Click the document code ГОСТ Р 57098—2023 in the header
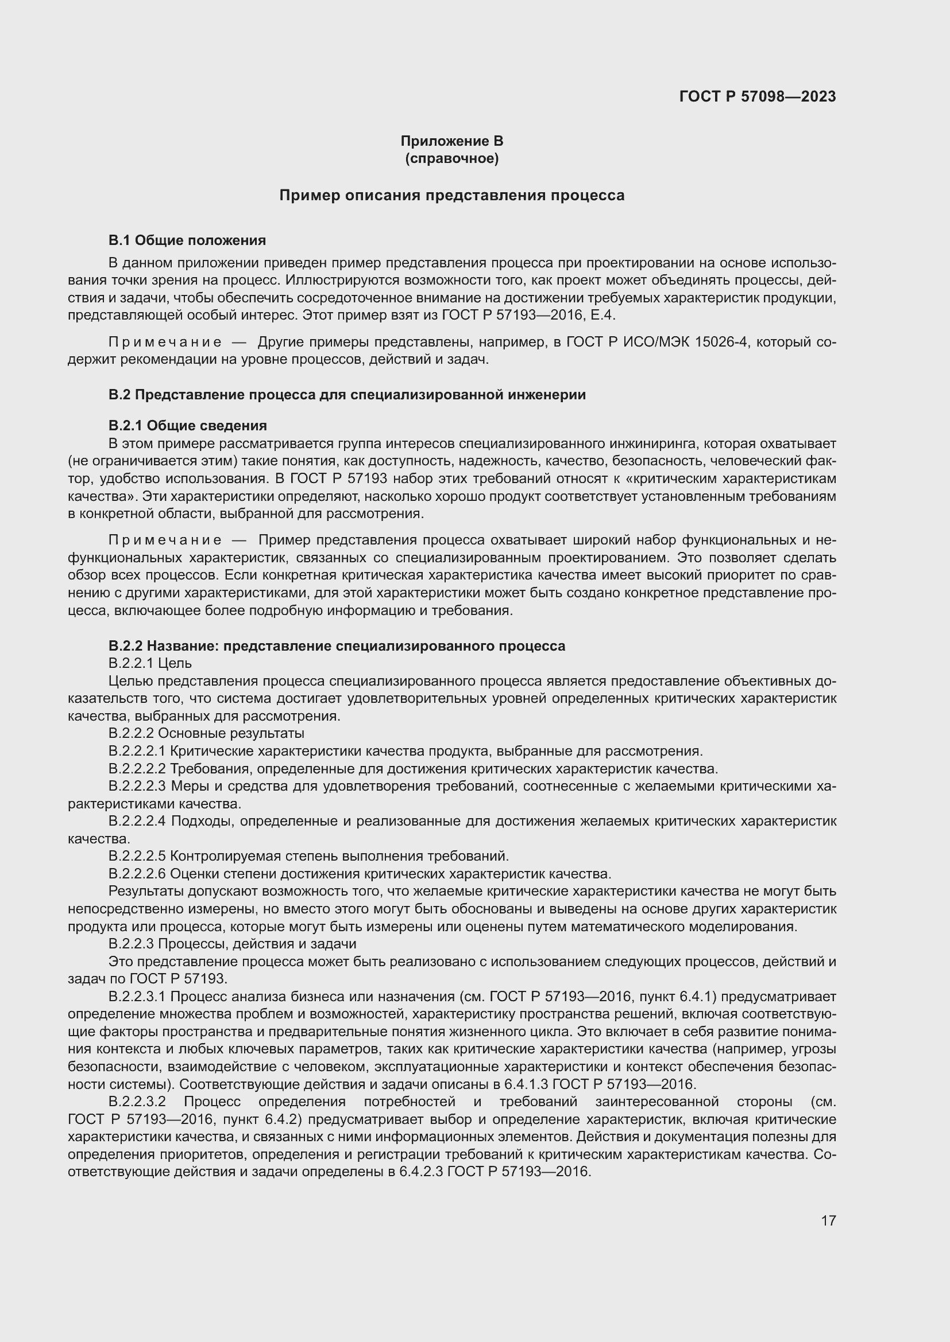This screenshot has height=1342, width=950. click(758, 96)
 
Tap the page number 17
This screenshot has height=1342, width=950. click(828, 1220)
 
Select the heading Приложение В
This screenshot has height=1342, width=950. click(451, 141)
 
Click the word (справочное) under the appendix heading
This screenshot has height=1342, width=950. click(451, 158)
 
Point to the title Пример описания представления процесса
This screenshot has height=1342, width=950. click(451, 195)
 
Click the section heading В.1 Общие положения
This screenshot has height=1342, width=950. click(187, 240)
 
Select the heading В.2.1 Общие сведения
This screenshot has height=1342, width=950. click(188, 425)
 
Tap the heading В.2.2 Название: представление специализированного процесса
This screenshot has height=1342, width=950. click(337, 646)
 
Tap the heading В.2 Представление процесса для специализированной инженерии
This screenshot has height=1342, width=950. click(347, 395)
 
